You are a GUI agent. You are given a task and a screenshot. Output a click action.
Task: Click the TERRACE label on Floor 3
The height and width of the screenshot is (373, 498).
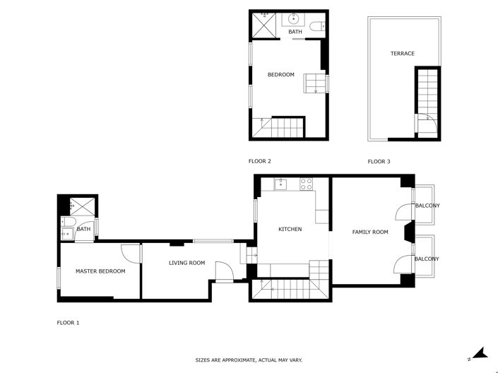coord(402,54)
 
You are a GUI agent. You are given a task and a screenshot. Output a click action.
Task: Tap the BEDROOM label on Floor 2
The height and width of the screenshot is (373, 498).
coord(280,75)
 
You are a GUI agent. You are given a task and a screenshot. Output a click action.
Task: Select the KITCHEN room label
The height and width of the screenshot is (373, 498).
coord(290,230)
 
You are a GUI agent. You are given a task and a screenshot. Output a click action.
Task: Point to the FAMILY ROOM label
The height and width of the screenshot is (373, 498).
coord(370,232)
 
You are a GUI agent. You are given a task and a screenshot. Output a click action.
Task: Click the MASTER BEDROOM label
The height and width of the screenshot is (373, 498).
coord(100,271)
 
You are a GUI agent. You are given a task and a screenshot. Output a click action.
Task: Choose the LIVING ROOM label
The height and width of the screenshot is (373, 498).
coord(186,264)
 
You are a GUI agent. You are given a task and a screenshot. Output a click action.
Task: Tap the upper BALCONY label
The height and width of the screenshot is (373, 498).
coord(427,206)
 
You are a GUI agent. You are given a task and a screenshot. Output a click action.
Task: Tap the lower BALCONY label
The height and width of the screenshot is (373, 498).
coord(427,259)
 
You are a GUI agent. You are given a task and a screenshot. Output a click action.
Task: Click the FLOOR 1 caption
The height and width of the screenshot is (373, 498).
coord(68,323)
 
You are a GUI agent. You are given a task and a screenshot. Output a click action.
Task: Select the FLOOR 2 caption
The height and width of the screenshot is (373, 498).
coord(260,162)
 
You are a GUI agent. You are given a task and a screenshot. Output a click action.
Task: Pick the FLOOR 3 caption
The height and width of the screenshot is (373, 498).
coord(379,162)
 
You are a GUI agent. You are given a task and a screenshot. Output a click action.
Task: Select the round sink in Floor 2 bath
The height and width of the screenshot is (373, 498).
coord(292,19)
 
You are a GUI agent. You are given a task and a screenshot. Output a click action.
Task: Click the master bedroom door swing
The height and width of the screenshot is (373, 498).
coord(129,251)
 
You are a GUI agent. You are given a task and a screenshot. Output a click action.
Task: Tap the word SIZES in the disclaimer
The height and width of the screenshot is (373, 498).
coord(203,360)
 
